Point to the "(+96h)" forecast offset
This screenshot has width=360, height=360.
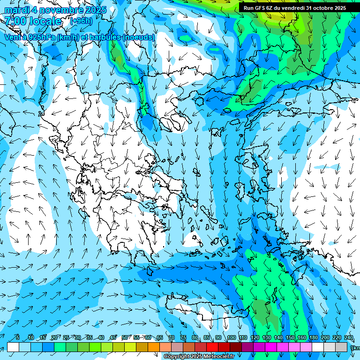(x=81, y=21)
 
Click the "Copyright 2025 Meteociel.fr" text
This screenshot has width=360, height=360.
(x=199, y=357)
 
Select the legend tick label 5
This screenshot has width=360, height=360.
(x=18, y=337)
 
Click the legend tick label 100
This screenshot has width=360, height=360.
(x=232, y=337)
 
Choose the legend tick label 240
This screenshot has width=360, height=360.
(x=349, y=337)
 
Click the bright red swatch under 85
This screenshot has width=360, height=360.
(x=212, y=347)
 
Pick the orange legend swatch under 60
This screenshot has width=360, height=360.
(x=154, y=347)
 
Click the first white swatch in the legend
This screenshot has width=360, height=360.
(x=13, y=347)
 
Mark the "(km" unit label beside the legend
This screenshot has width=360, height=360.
(x=356, y=348)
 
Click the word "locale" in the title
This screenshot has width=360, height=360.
(x=45, y=21)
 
